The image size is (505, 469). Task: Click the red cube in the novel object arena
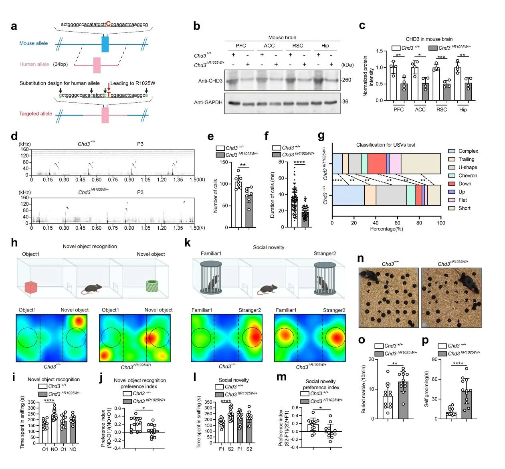(31, 287)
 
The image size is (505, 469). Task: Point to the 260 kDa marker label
(346, 80)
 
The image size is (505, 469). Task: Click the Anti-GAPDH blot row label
(208, 102)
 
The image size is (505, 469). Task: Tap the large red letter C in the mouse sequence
(108, 24)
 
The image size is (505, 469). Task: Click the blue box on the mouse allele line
(105, 44)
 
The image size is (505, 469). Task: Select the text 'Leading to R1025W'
(133, 83)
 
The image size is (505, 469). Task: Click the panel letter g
(321, 136)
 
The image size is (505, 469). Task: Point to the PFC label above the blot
(241, 46)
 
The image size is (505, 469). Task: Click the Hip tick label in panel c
(463, 109)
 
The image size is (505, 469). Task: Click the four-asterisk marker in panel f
(299, 162)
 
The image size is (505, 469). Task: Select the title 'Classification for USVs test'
(386, 145)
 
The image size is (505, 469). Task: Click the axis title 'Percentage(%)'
(386, 229)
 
